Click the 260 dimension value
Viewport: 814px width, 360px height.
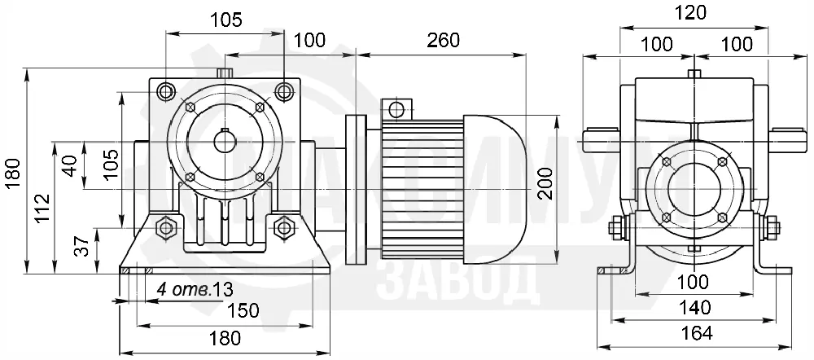pos(443,41)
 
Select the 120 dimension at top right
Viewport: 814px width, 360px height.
pos(693,12)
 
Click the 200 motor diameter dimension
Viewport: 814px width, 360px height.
pos(545,183)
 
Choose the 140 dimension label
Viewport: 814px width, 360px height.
pos(694,308)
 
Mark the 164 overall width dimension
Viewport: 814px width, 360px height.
pos(696,333)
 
